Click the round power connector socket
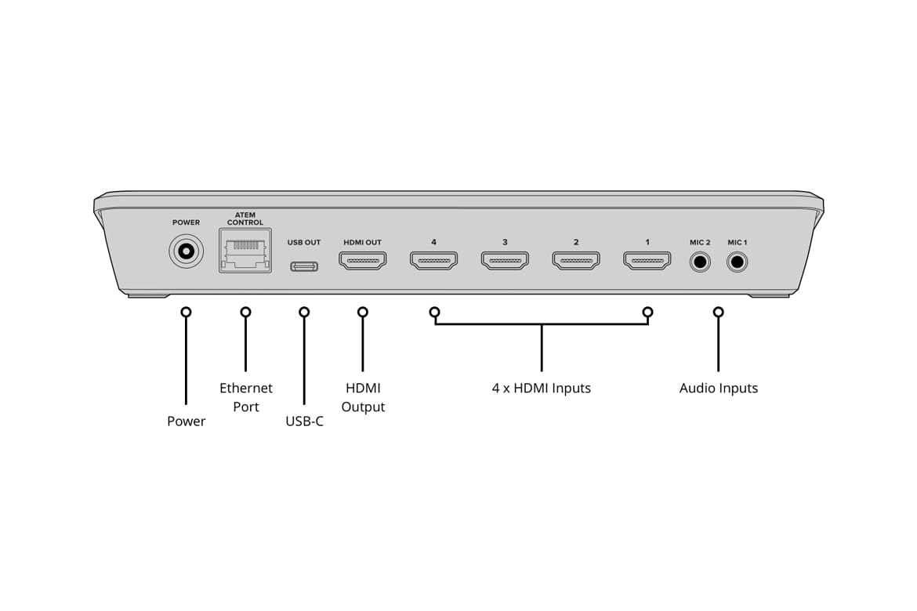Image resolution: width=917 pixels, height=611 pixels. point(186,252)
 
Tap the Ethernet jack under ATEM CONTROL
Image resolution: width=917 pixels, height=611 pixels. point(245,251)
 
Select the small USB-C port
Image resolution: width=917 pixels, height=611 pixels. point(304,266)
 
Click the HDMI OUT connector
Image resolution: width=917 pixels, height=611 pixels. point(362,260)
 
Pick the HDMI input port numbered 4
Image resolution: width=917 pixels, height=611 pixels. point(433,260)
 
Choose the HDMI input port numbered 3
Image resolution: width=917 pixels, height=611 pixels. point(505,260)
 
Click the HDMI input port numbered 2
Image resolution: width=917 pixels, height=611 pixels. point(576,260)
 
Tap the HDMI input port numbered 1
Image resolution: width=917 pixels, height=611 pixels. point(647,260)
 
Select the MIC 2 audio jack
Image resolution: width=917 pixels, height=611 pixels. point(699,261)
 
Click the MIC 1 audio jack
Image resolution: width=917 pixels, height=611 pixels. point(737,261)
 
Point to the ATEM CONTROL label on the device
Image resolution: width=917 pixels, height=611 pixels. point(245,219)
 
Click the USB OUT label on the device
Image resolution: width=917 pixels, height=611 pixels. point(304,243)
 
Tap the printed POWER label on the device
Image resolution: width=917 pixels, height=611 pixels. point(186,222)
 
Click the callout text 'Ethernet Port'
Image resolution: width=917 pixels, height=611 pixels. point(246,397)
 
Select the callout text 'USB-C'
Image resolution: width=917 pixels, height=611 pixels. point(304,421)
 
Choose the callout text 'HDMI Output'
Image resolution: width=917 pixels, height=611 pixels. point(363,397)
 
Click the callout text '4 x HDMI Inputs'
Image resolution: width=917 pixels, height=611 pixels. point(541,388)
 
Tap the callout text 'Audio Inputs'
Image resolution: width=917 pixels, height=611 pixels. point(718,388)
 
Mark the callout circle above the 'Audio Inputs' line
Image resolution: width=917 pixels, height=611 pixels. point(718,313)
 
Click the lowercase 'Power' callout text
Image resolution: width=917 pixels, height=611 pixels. point(186,421)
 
